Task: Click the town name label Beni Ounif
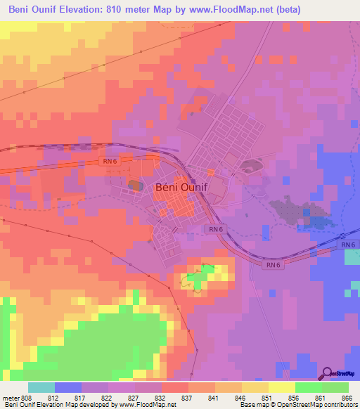181,188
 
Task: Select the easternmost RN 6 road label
348,244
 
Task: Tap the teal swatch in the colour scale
41,387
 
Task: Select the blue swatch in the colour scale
68,387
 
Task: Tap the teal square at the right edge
352,257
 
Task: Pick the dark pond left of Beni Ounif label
134,184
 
